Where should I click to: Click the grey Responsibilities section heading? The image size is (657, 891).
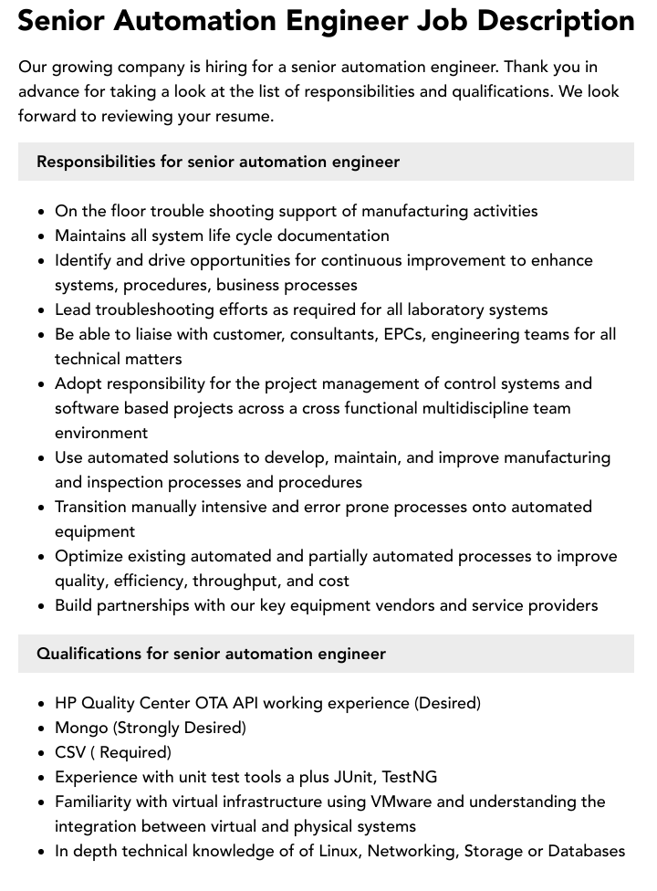click(218, 162)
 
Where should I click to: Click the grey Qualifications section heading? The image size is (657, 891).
click(211, 654)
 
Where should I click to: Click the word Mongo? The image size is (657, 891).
click(81, 728)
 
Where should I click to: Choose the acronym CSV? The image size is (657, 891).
click(71, 752)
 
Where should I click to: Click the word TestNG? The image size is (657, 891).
click(409, 777)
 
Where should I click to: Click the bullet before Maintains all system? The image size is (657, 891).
click(42, 236)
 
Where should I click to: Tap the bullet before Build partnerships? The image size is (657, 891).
click(42, 606)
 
